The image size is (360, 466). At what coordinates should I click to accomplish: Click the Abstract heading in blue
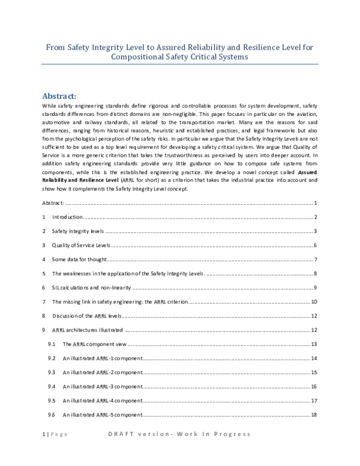coord(63,95)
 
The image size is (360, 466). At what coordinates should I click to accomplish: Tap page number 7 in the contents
coord(315,259)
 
